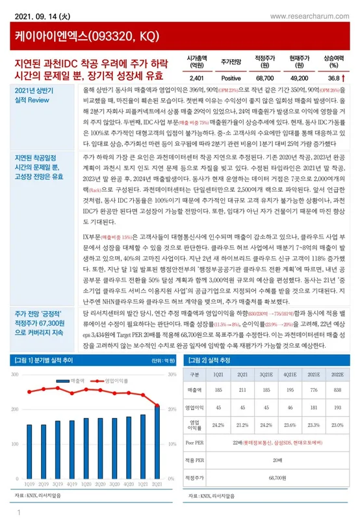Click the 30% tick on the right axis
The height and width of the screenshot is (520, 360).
click(x=172, y=375)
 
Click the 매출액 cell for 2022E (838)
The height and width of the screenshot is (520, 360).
click(x=338, y=389)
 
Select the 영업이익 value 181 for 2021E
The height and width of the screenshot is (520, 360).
click(x=312, y=408)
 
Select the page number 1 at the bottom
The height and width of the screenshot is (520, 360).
click(x=20, y=513)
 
